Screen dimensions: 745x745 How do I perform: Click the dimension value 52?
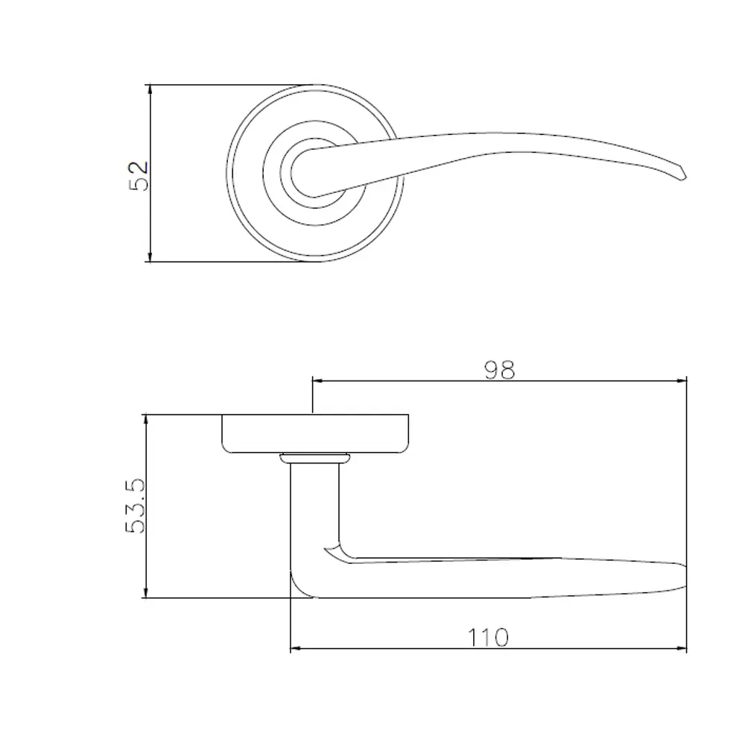139,176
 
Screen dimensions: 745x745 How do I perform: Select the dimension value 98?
499,370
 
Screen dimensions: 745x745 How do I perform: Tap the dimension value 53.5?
136,506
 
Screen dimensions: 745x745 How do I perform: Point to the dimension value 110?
489,638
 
